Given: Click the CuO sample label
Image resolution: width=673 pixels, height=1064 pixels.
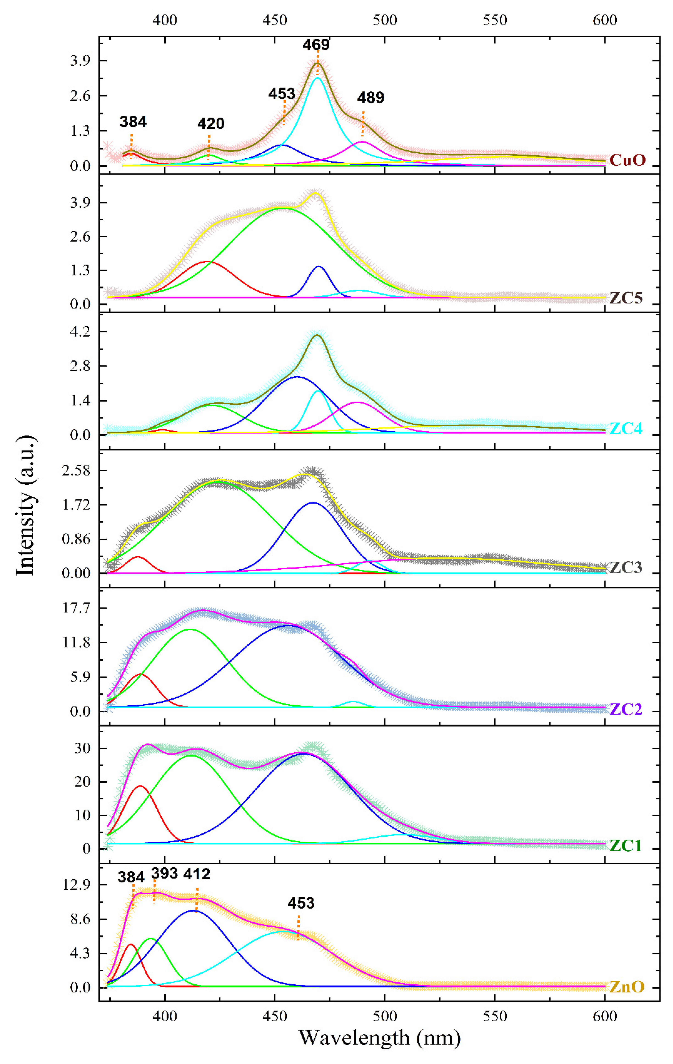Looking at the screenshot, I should tap(627, 160).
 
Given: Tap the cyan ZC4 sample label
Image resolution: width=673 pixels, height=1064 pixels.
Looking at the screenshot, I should tap(626, 429).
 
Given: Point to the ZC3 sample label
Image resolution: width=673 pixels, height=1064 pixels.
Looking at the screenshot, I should tap(626, 567).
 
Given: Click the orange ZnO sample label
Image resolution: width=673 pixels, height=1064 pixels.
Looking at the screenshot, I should tap(627, 987).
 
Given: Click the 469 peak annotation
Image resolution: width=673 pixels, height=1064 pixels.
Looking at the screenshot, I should tap(316, 45).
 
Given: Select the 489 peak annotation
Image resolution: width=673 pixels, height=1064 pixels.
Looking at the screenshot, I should tap(371, 97).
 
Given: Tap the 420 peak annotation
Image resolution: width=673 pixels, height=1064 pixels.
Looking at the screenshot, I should tap(211, 123).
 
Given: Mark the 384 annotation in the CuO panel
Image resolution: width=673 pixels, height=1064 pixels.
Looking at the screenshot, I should tap(133, 121).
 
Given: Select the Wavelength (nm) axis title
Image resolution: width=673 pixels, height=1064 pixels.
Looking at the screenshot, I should tap(379, 1037).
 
